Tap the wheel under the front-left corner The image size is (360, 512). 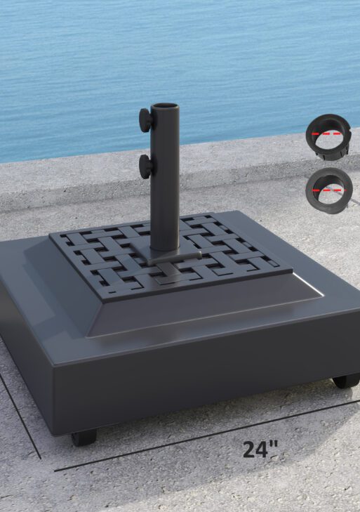84,437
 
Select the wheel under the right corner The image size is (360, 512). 345,381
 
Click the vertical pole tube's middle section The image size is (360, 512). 165,183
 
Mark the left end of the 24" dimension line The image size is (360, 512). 56,469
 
